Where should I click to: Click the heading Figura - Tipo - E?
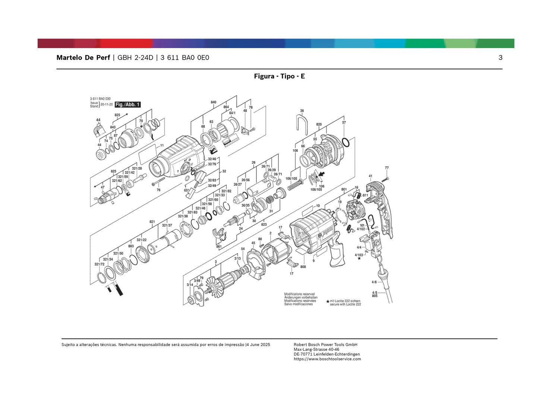pyautogui.click(x=279, y=76)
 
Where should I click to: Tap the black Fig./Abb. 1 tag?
pyautogui.click(x=127, y=105)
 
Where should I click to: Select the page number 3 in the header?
pyautogui.click(x=500, y=58)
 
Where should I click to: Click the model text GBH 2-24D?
pyautogui.click(x=135, y=58)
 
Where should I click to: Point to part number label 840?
pyautogui.click(x=214, y=102)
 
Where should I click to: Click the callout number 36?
pyautogui.click(x=302, y=111)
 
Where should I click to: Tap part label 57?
pyautogui.click(x=344, y=122)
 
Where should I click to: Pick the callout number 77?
pyautogui.click(x=387, y=168)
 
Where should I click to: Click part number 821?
pyautogui.click(x=152, y=222)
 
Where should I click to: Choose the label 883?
pyautogui.click(x=131, y=246)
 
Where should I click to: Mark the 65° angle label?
pyautogui.click(x=186, y=190)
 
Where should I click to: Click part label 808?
pyautogui.click(x=303, y=267)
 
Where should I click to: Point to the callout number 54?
pyautogui.click(x=243, y=249)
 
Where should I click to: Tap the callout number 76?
pyautogui.click(x=158, y=190)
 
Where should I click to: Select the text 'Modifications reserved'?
pyautogui.click(x=299, y=294)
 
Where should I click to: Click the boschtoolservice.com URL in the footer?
pyautogui.click(x=327, y=359)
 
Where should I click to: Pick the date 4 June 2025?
pyautogui.click(x=258, y=345)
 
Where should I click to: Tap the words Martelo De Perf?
pyautogui.click(x=83, y=58)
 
